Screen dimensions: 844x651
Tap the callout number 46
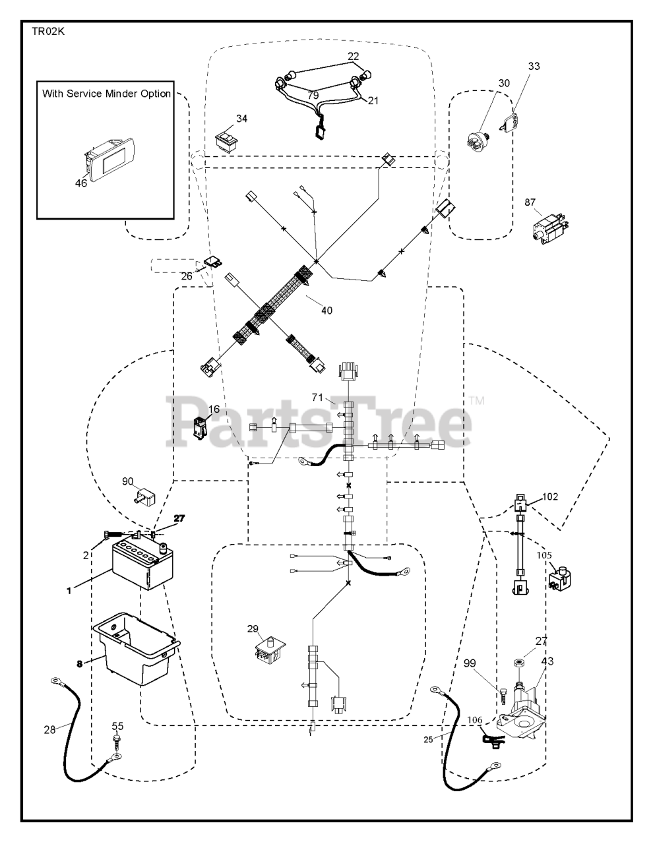click(80, 183)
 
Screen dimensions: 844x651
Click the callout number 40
click(326, 311)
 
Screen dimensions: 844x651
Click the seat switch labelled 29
click(270, 649)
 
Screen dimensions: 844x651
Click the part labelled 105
click(559, 578)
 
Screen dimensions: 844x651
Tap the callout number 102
click(549, 497)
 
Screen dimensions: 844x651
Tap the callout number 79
click(313, 95)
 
